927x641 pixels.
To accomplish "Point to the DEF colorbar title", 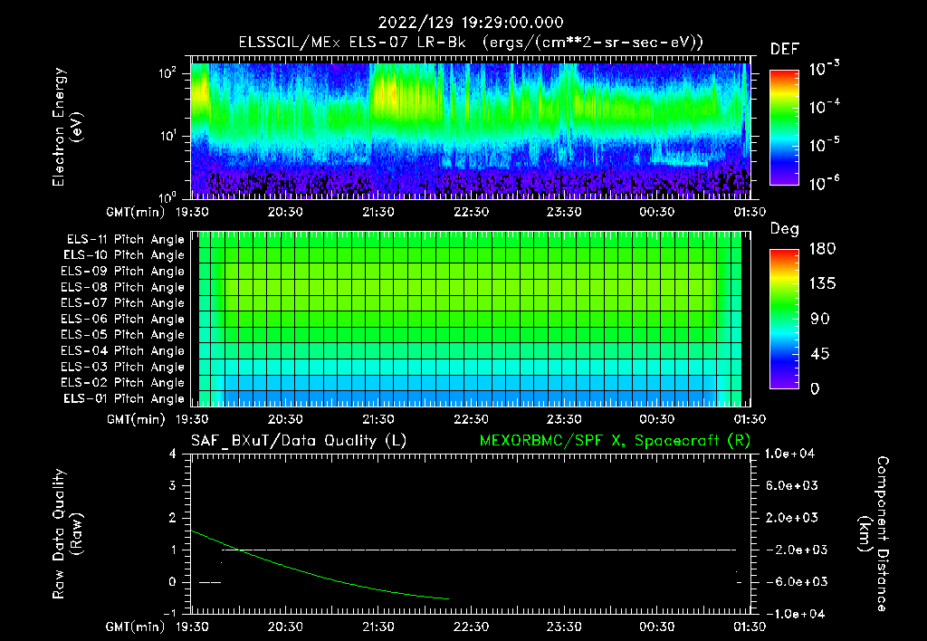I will pos(783,49).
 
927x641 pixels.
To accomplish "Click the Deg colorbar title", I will pos(783,229).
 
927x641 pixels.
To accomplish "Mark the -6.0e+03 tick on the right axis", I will pos(792,581).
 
